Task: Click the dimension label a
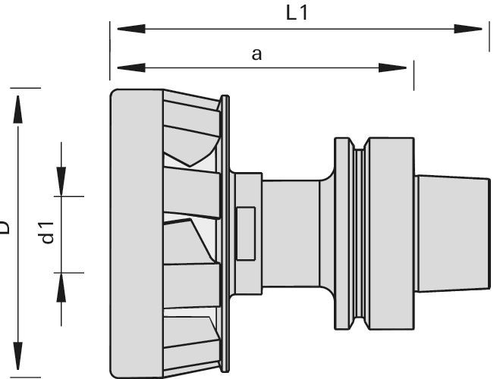pos(256,54)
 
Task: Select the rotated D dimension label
pos(5,227)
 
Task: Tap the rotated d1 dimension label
pos(46,232)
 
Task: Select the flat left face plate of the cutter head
pos(136,232)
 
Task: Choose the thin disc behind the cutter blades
pos(225,232)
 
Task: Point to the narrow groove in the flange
pos(358,232)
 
